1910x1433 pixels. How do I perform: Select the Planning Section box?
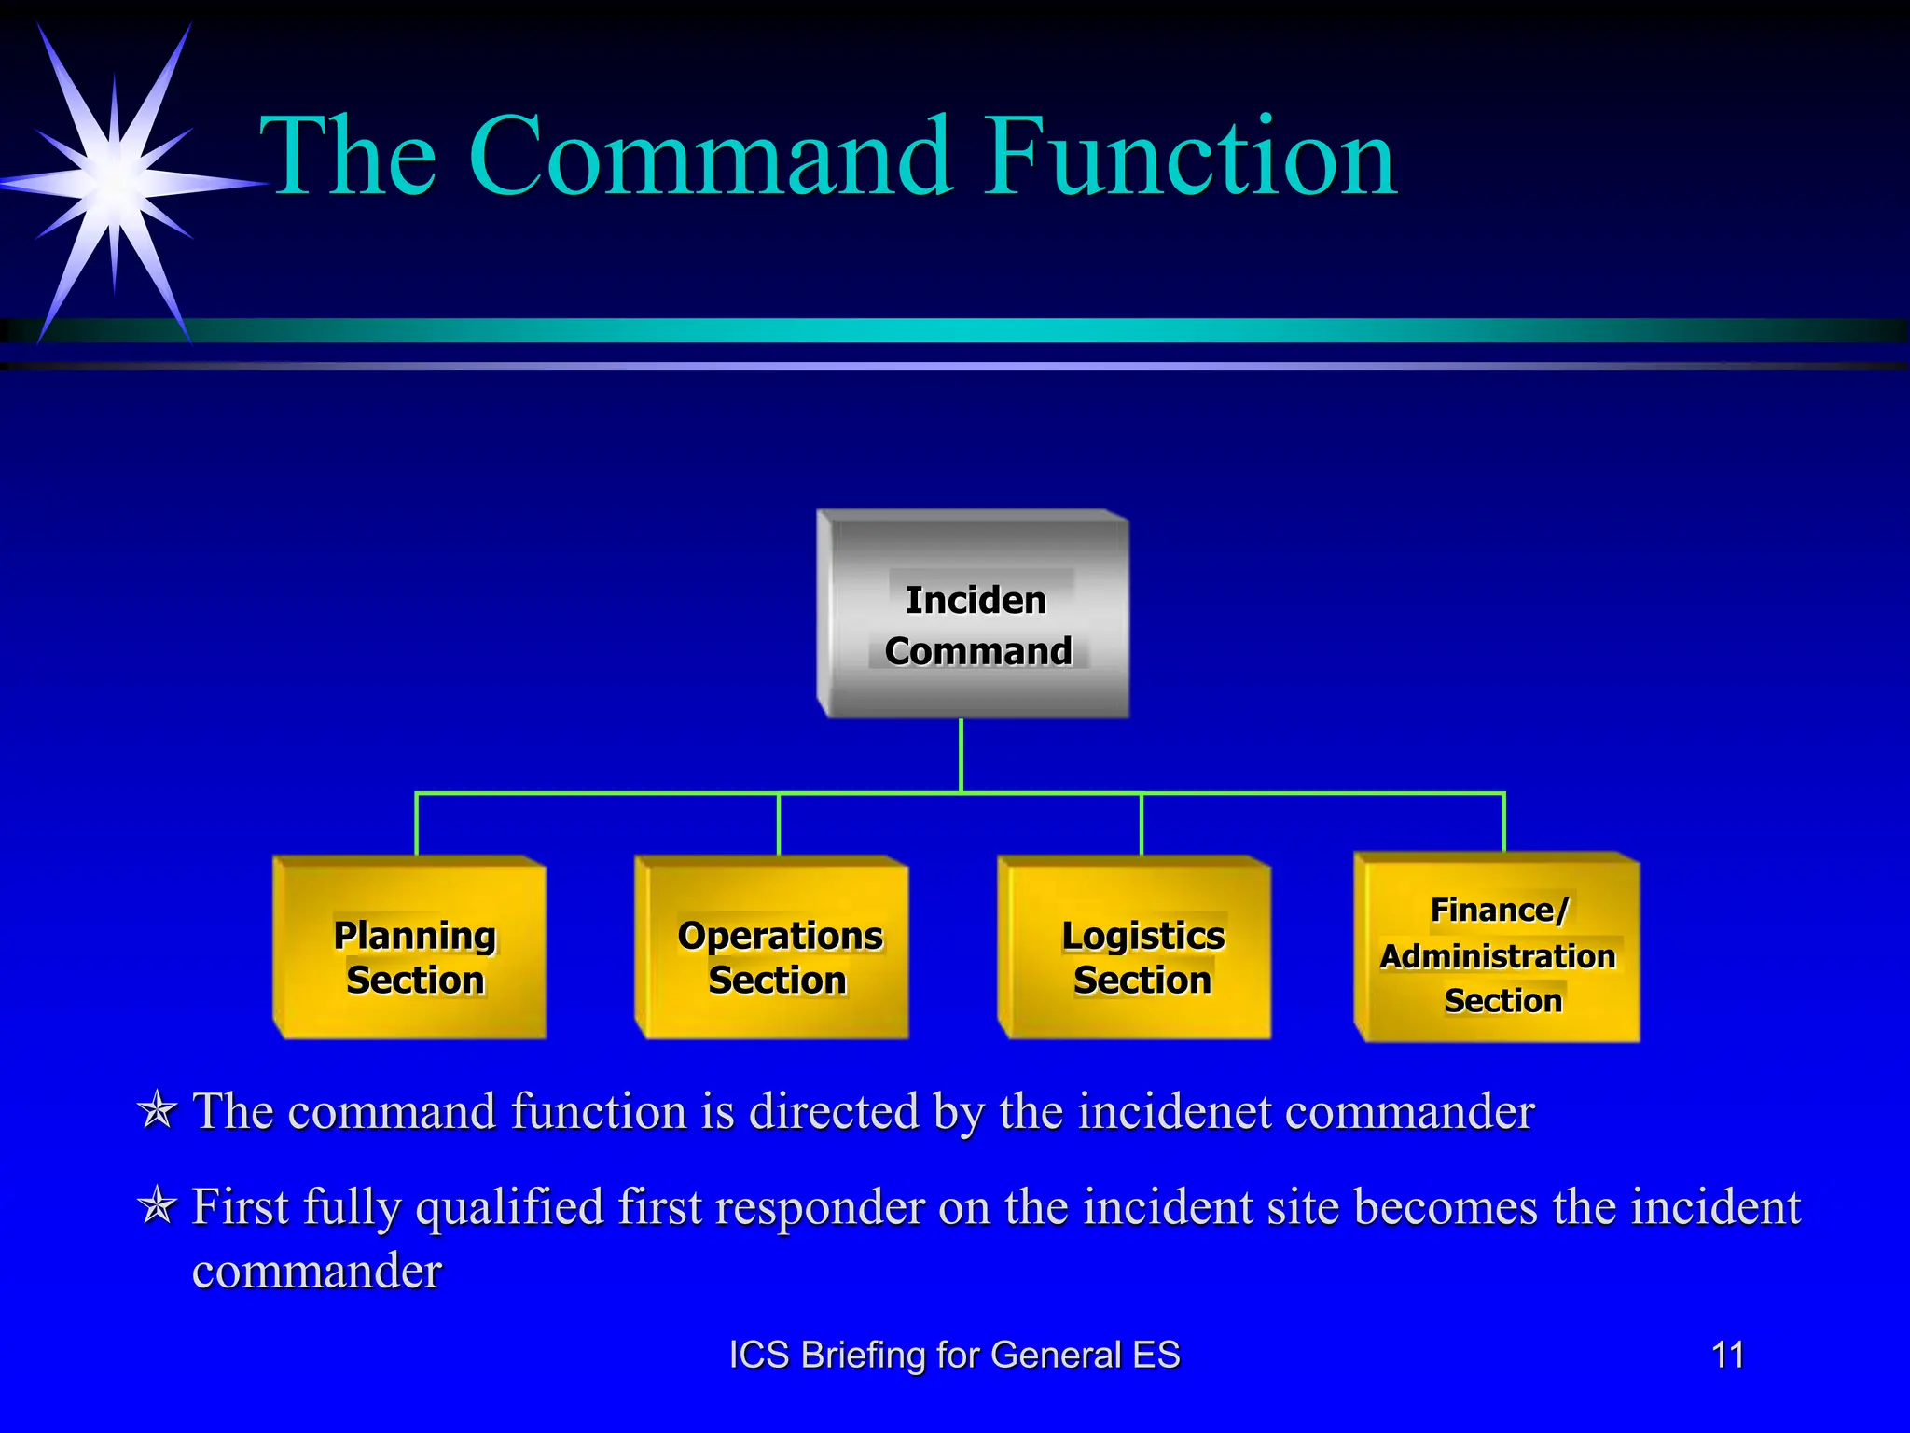pos(410,948)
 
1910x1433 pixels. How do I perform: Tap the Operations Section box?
pos(772,948)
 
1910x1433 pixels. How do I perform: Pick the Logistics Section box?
pos(1135,948)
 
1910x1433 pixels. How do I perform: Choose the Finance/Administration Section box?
pos(1498,948)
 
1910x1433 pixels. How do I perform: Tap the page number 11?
pos(1727,1355)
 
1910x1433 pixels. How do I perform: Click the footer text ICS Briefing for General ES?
pos(954,1355)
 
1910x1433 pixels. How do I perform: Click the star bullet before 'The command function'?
pos(157,1110)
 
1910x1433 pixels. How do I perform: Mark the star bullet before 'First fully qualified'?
pos(157,1205)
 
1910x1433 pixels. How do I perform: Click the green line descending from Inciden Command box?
pos(961,756)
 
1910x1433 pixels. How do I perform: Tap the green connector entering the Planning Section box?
pos(416,825)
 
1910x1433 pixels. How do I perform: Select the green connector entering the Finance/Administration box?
pos(1504,823)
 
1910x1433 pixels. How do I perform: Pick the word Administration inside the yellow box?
pos(1498,957)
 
